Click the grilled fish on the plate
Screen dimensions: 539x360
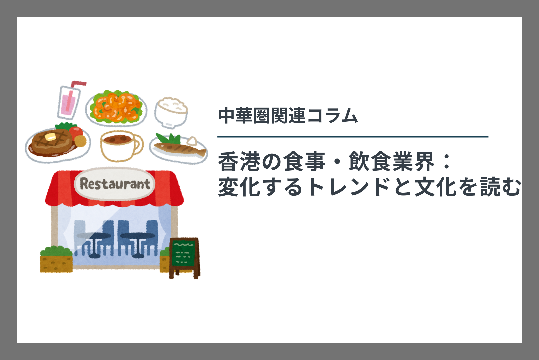(180, 149)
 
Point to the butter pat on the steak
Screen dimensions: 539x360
(50, 137)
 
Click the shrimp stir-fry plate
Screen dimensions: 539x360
(116, 108)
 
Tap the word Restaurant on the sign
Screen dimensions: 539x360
(115, 184)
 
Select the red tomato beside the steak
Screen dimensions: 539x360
(76, 132)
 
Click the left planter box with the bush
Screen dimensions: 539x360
(56, 259)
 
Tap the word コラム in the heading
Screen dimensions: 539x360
(332, 116)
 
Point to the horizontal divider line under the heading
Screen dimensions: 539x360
(353, 136)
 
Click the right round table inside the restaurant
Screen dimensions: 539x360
(138, 244)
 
